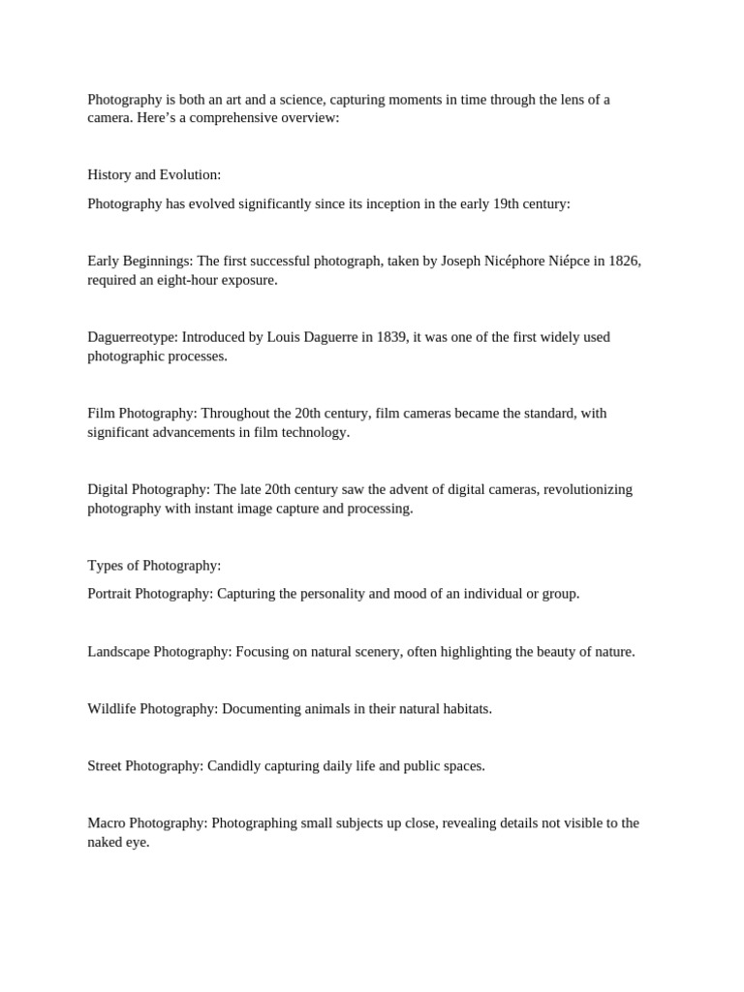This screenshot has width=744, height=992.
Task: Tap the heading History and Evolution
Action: (154, 175)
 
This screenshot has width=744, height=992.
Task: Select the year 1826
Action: (625, 262)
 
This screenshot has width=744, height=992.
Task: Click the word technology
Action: (317, 432)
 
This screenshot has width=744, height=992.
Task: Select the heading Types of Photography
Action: (154, 566)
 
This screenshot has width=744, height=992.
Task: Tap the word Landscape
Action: (118, 652)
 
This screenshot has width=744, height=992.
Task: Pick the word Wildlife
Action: (111, 709)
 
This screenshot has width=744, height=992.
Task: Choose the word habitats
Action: (465, 709)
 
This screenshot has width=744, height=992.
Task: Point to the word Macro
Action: (107, 823)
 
